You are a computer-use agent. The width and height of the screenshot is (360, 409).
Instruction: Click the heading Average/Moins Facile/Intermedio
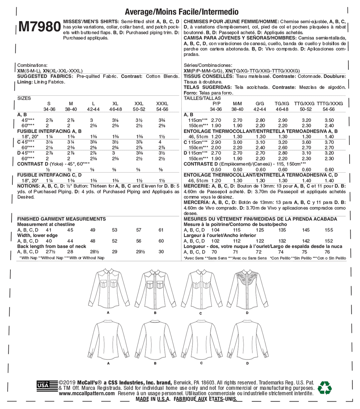(182, 12)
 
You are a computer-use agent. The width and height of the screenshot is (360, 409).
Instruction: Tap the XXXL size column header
(162, 104)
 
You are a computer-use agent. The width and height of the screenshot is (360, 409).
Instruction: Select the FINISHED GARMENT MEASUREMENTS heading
(61, 219)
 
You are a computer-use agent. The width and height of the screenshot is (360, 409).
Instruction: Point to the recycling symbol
(324, 388)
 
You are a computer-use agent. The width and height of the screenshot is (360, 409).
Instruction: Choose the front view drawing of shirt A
(108, 289)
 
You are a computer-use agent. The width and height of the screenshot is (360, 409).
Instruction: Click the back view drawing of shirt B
(155, 339)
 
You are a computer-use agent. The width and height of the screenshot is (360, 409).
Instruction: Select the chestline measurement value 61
(161, 230)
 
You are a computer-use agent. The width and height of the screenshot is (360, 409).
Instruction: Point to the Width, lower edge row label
(37, 235)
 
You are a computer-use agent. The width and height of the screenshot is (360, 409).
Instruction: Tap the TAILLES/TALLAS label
(202, 98)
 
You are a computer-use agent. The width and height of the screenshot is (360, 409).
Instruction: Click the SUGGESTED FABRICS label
(45, 76)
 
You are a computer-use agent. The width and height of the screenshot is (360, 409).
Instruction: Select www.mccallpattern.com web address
(87, 393)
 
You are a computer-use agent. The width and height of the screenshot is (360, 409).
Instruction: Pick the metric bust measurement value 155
(329, 230)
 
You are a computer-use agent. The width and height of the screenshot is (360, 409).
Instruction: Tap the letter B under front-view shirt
(155, 313)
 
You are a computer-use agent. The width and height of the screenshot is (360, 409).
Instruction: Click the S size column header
(49, 104)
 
